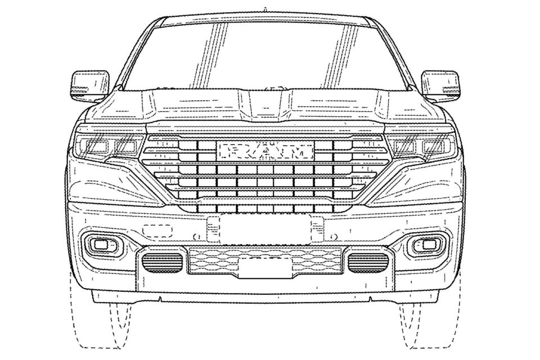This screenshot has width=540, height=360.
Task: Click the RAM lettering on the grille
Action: [265, 151]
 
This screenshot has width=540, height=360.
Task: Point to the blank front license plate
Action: [265, 229]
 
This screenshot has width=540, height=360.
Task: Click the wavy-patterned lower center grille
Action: [265, 261]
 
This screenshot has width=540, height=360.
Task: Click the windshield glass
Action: [265, 55]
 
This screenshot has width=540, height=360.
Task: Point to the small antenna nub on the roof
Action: [265, 8]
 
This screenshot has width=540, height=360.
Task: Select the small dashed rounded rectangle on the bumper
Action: [157, 231]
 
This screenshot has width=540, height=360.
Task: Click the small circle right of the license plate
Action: [332, 237]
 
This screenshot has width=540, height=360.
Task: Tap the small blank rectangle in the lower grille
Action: [265, 268]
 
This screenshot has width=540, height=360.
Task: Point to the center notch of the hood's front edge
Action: [265, 122]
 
